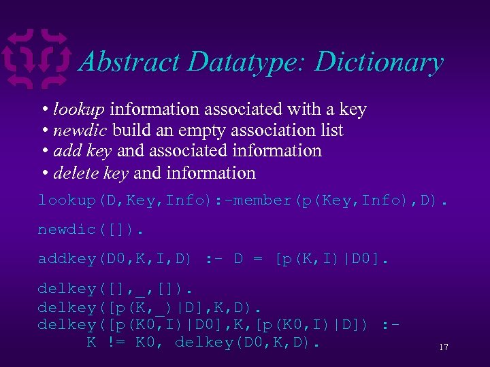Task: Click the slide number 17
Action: (444, 347)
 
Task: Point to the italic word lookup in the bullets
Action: (79, 109)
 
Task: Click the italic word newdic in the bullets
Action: (80, 130)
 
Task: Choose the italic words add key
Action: (82, 151)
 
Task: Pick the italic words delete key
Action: (91, 173)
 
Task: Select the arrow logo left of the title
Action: (37, 60)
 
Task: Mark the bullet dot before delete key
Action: (44, 173)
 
